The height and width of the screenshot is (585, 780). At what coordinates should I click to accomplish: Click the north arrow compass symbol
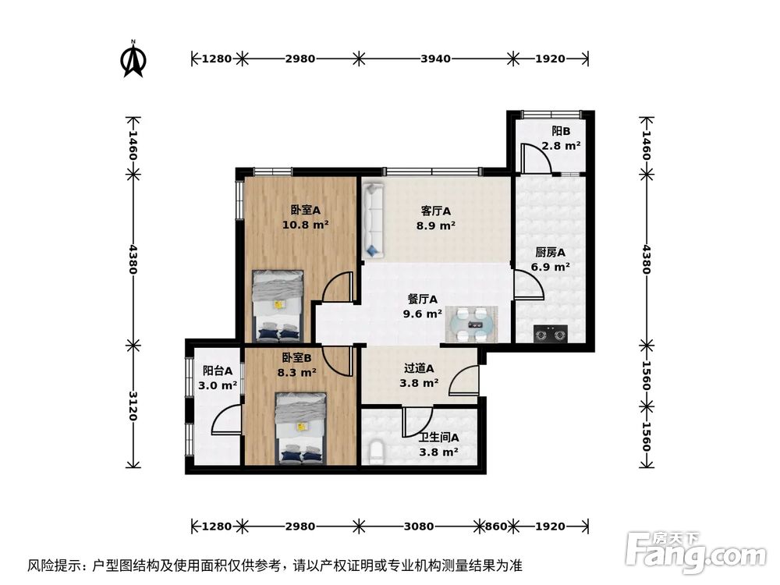point(134,60)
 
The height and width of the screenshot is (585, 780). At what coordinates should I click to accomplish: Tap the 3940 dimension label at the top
point(435,58)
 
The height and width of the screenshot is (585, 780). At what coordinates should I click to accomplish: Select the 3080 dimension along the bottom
point(419,526)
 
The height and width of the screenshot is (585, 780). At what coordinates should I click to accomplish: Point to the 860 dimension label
point(496,526)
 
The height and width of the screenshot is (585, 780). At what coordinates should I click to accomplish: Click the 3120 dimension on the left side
point(133,406)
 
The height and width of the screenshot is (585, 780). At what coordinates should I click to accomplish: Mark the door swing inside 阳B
point(537,159)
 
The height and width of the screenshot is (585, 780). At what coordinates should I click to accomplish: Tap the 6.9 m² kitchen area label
point(550,267)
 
